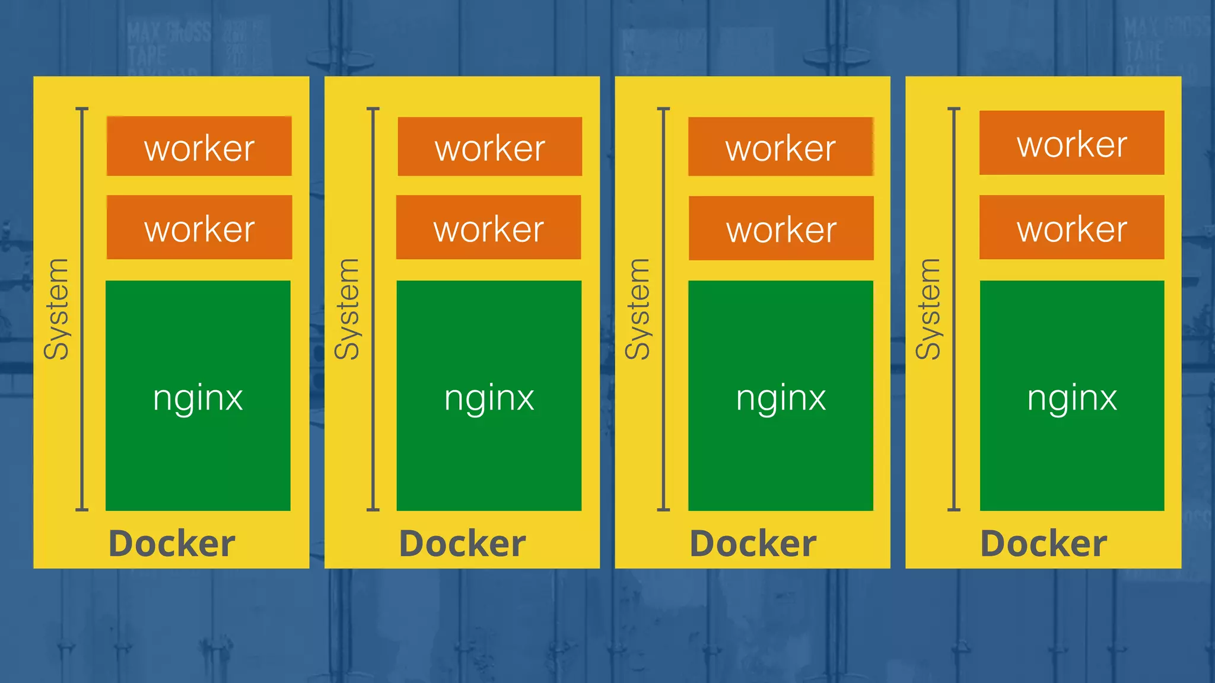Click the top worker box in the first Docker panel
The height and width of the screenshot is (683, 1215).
[x=199, y=146]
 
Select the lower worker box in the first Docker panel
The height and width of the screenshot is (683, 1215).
[x=199, y=227]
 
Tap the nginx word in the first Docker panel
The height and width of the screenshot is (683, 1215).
[x=198, y=398]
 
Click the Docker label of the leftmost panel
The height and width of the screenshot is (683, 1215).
[x=171, y=543]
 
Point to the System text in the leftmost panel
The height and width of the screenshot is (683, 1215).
[x=57, y=309]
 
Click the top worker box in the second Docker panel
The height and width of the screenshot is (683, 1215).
[x=489, y=146]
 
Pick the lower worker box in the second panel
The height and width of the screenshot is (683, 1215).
[x=488, y=227]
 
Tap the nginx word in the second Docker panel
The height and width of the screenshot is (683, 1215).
[x=489, y=398]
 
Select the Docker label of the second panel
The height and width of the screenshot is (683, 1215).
[x=462, y=543]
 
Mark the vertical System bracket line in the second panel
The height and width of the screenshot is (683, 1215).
[x=373, y=308]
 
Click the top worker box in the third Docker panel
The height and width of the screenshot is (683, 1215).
[x=780, y=146]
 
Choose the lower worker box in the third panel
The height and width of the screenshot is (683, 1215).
[x=781, y=228]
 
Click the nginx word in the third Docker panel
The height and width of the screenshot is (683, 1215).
[x=781, y=398]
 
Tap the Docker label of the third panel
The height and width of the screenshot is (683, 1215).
[x=753, y=543]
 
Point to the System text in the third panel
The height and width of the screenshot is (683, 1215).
[x=638, y=309]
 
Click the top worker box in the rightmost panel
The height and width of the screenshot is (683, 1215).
[x=1071, y=143]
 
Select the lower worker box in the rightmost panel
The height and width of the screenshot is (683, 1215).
[x=1071, y=227]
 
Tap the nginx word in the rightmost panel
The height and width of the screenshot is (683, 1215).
[x=1072, y=398]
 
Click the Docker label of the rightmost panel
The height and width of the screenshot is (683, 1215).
[x=1044, y=543]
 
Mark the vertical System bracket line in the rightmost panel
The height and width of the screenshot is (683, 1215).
[x=954, y=308]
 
